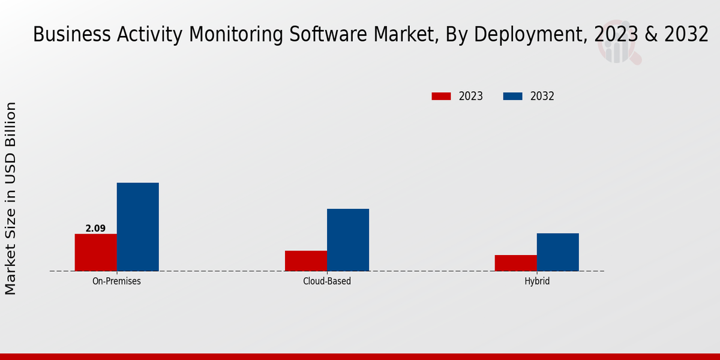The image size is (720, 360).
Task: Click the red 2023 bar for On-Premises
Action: click(95, 252)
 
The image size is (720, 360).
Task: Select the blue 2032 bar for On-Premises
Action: click(137, 227)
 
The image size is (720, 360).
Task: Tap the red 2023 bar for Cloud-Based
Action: click(306, 260)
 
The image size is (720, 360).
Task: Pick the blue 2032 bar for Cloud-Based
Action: click(348, 239)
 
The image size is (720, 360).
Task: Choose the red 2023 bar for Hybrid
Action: click(516, 263)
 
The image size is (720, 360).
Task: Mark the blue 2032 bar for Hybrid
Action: click(558, 252)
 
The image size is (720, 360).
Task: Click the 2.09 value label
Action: click(95, 229)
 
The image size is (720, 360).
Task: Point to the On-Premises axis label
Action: click(116, 281)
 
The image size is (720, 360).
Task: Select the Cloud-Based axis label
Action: click(327, 281)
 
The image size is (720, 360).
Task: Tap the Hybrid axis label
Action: click(537, 281)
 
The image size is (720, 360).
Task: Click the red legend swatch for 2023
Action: click(441, 96)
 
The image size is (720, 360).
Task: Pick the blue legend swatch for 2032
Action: click(513, 96)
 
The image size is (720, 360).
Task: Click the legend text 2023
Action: click(471, 96)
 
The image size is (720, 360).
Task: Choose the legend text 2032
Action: click(542, 96)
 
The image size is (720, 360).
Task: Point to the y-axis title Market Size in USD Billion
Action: click(11, 198)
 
